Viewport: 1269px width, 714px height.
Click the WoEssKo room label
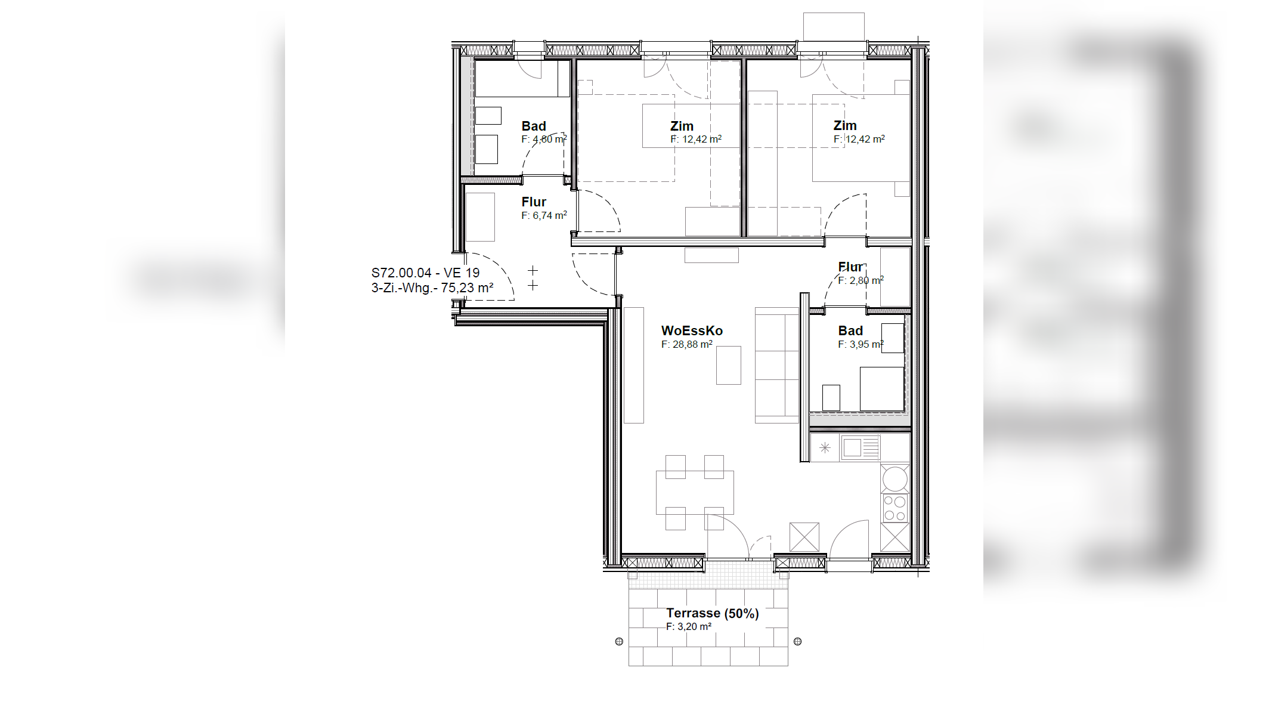(x=692, y=330)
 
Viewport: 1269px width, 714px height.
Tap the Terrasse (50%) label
(x=712, y=613)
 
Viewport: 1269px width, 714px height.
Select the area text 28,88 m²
(x=692, y=344)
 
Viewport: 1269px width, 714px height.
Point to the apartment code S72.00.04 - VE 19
(x=425, y=273)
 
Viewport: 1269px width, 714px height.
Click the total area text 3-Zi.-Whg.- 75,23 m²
(x=432, y=288)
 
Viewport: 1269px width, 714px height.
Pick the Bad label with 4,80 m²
(x=534, y=126)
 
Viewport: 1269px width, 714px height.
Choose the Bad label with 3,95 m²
(x=850, y=330)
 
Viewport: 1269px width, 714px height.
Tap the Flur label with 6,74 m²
(x=534, y=202)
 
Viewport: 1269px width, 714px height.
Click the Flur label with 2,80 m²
(x=850, y=267)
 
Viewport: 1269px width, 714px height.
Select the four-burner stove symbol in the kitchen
(x=895, y=508)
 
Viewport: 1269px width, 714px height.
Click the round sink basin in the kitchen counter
(x=895, y=478)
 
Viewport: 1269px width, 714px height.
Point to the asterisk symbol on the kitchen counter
(x=825, y=447)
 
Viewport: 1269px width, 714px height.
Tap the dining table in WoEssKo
(x=695, y=492)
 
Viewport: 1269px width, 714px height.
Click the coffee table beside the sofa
(x=729, y=365)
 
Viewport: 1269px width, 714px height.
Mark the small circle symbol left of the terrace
(x=619, y=641)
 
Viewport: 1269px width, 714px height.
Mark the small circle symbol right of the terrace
(x=798, y=641)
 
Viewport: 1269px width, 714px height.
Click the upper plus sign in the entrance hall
(x=533, y=271)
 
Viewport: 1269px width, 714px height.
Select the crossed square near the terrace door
(x=804, y=537)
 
